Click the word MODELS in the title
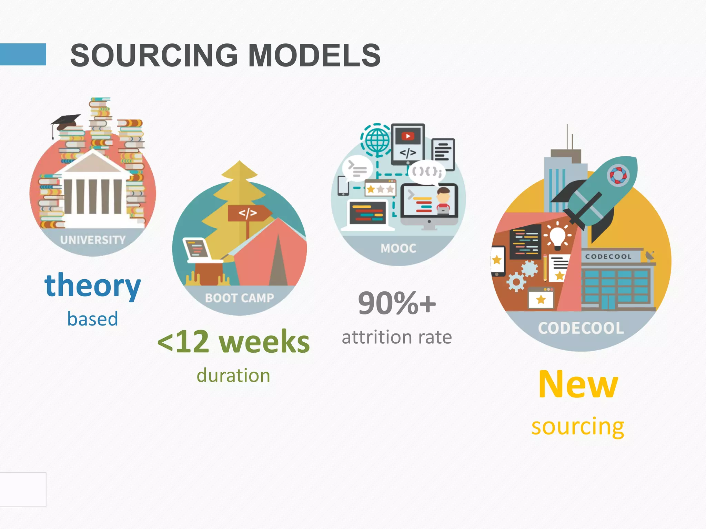[x=314, y=55]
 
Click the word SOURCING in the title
[x=154, y=55]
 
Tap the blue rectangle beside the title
[x=23, y=54]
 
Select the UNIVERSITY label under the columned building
[x=93, y=240]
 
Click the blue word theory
[x=93, y=286]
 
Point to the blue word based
[x=93, y=319]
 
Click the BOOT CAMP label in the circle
[x=240, y=298]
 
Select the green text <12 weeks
[x=233, y=342]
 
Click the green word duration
[x=233, y=375]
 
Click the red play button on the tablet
[x=408, y=136]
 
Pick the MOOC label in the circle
[x=399, y=248]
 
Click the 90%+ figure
[x=397, y=303]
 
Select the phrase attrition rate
[x=397, y=337]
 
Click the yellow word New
[x=578, y=384]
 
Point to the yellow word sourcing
[x=578, y=426]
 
